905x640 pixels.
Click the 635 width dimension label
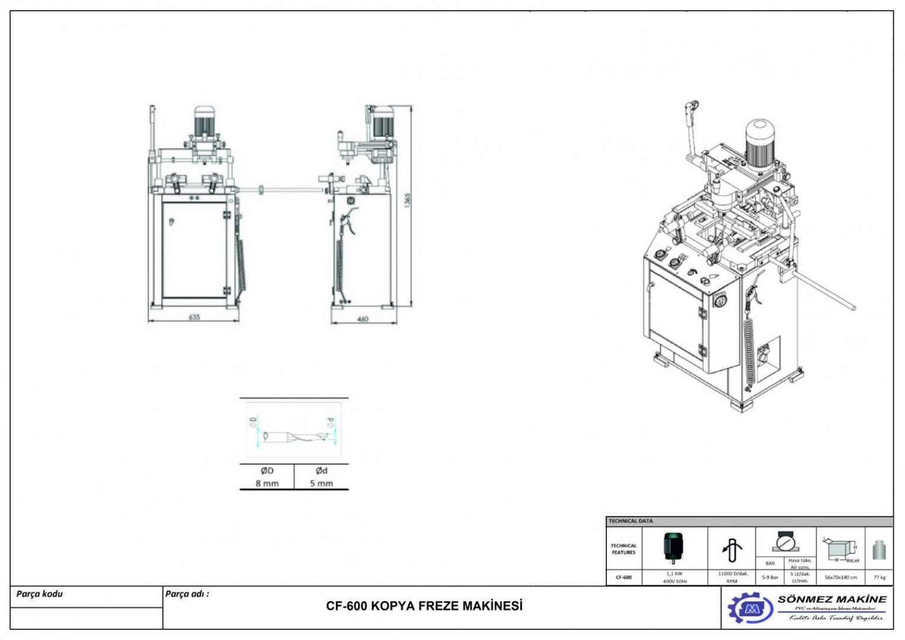click(x=194, y=317)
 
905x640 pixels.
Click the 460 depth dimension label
click(x=363, y=319)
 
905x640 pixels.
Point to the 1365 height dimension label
click(x=407, y=200)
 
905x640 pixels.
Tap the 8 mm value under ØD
click(x=267, y=483)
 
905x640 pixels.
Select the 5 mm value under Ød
click(x=321, y=483)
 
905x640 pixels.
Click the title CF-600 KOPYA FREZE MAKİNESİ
click(x=424, y=606)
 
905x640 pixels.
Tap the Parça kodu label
click(x=40, y=594)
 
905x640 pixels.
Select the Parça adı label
click(x=187, y=594)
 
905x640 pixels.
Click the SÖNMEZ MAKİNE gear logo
click(x=750, y=608)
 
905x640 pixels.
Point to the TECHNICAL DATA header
click(x=631, y=521)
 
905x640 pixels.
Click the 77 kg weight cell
click(x=880, y=577)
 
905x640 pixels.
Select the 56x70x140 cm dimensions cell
click(x=840, y=577)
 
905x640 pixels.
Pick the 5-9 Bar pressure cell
click(x=770, y=577)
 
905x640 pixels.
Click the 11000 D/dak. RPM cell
click(x=732, y=577)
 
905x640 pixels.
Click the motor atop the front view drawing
click(x=204, y=121)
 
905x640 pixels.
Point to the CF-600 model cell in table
click(x=623, y=577)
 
